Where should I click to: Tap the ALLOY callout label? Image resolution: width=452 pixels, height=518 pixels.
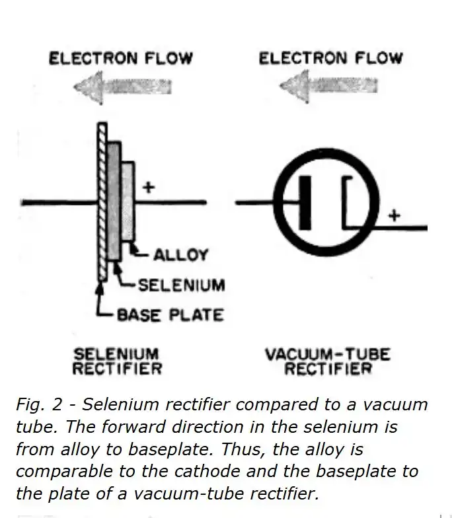pyautogui.click(x=180, y=255)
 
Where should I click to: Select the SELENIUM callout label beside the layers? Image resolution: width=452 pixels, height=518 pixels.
pyautogui.click(x=181, y=285)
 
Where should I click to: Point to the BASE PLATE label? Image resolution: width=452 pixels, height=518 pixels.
pyautogui.click(x=170, y=314)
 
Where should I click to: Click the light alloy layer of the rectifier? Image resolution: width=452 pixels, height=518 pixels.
pyautogui.click(x=128, y=202)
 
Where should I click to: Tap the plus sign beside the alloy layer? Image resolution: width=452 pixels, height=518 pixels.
pyautogui.click(x=149, y=188)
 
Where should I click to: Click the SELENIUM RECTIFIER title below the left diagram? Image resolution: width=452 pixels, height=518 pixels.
pyautogui.click(x=116, y=361)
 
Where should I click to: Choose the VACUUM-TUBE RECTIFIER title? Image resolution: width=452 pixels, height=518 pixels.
pyautogui.click(x=328, y=361)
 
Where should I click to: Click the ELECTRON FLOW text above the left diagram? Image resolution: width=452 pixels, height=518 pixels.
pyautogui.click(x=120, y=58)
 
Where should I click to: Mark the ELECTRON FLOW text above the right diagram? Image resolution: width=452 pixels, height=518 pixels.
pyautogui.click(x=330, y=57)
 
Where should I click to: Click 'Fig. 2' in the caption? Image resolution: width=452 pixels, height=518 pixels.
pyautogui.click(x=39, y=404)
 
